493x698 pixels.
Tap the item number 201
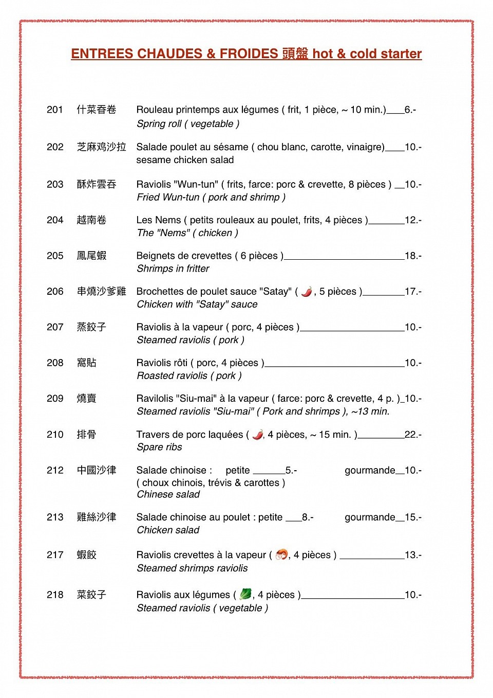(x=55, y=110)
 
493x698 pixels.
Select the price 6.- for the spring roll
(x=410, y=110)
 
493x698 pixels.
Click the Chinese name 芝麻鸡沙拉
(x=101, y=147)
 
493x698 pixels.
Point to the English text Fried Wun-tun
(x=168, y=197)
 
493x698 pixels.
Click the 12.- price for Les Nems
(x=413, y=220)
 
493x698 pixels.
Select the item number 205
(x=55, y=256)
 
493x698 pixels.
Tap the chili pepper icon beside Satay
(x=307, y=292)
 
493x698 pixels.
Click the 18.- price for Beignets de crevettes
(x=413, y=256)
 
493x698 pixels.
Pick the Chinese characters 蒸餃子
(x=91, y=327)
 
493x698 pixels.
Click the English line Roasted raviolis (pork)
(x=189, y=375)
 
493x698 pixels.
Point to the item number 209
(x=55, y=399)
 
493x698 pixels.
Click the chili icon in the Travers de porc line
(x=258, y=435)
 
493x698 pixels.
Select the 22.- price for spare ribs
(x=413, y=435)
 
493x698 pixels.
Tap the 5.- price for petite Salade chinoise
(x=291, y=470)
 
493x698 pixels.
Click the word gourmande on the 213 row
(x=370, y=517)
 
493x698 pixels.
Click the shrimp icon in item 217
(x=281, y=554)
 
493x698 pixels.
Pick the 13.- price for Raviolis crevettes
(x=413, y=555)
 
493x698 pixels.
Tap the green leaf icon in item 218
(x=245, y=594)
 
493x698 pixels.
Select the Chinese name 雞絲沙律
(x=97, y=517)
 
